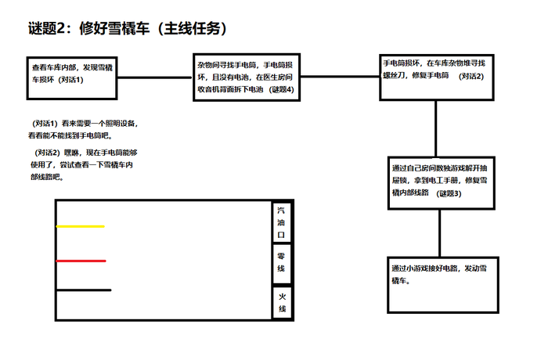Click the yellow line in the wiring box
[80, 227]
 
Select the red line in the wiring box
[81, 261]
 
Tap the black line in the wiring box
[83, 290]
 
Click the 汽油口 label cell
[282, 222]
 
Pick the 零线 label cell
[282, 262]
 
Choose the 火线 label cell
[282, 303]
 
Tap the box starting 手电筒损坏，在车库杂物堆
[438, 77]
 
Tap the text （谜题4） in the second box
[282, 90]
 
